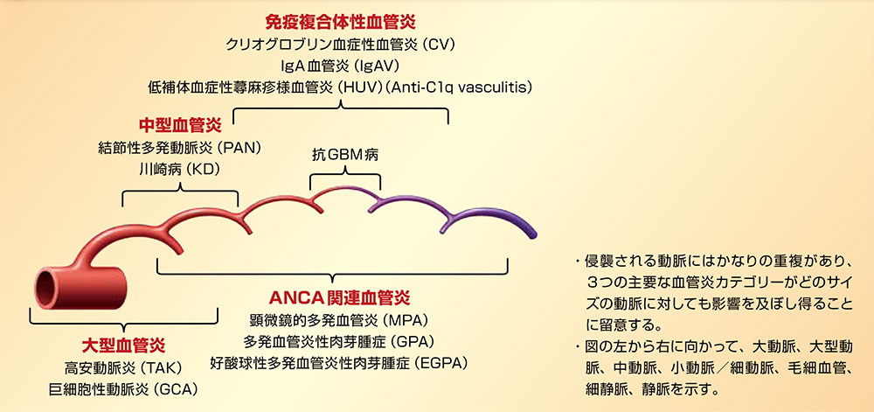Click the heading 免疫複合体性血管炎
point(341,22)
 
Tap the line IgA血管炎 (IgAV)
point(341,66)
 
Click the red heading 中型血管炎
point(180,124)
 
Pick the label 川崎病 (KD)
point(179,170)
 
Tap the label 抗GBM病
point(345,155)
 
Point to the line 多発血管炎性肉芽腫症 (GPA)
point(339,341)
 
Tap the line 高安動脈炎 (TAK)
point(123,368)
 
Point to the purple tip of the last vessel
point(532,232)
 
